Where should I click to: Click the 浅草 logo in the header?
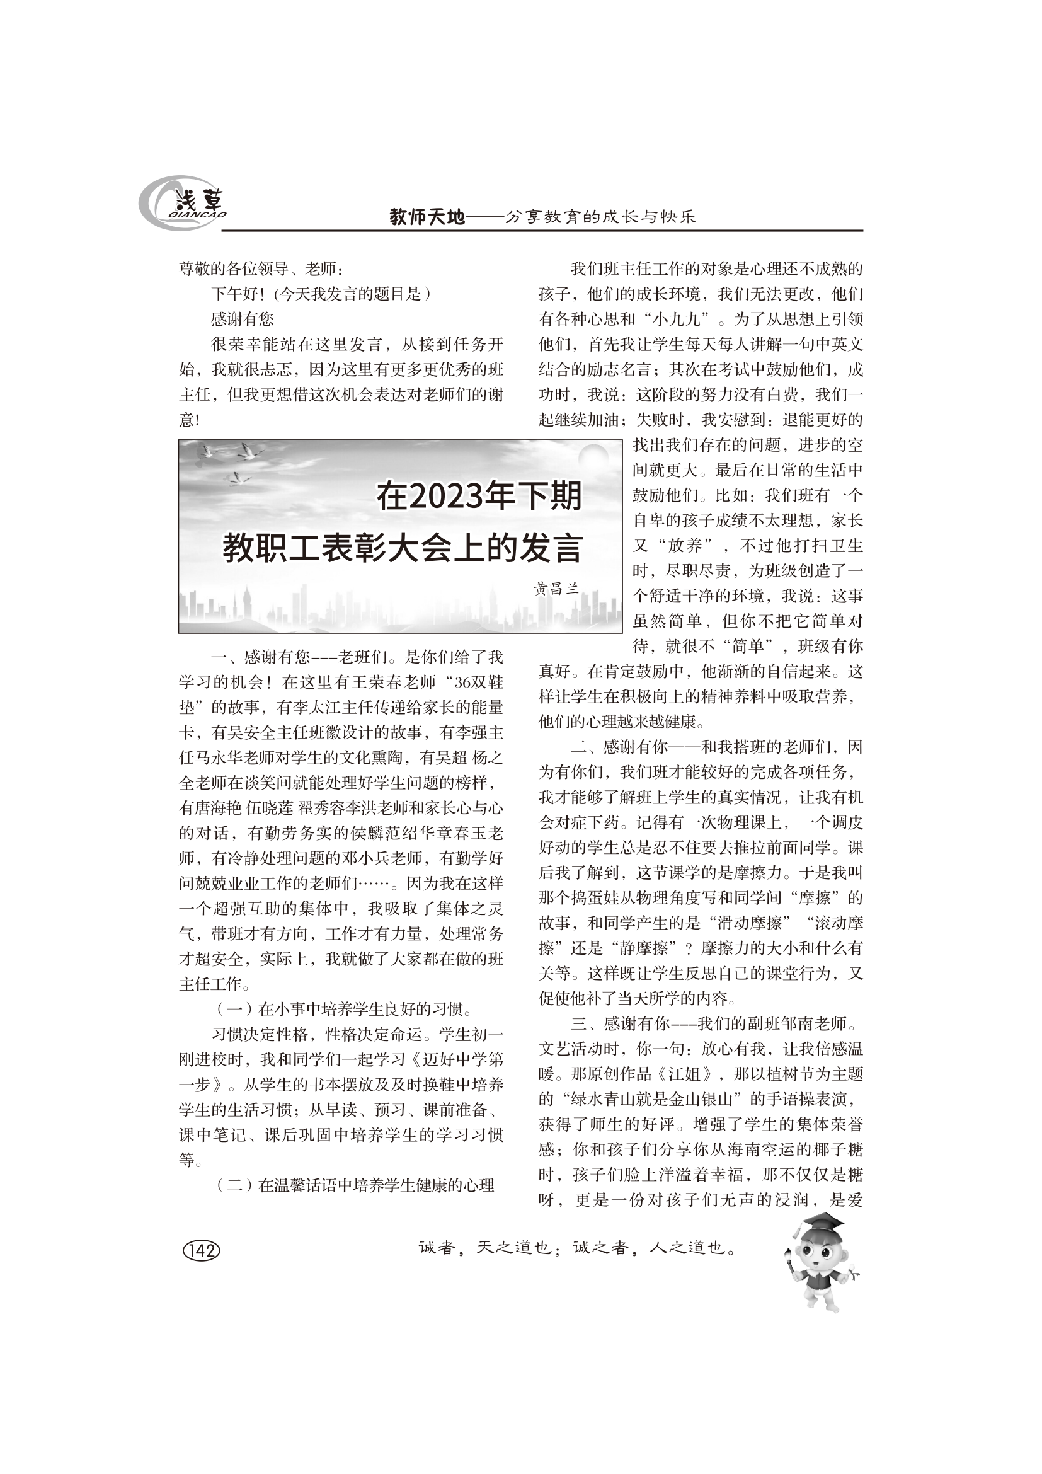click(183, 204)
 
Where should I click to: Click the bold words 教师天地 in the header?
click(427, 217)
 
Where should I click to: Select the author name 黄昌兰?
click(556, 589)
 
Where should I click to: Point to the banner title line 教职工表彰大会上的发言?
click(403, 548)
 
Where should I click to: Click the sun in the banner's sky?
click(592, 460)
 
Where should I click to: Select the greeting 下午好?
click(235, 294)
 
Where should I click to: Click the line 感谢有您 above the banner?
click(243, 319)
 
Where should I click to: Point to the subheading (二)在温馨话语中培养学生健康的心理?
click(355, 1186)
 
